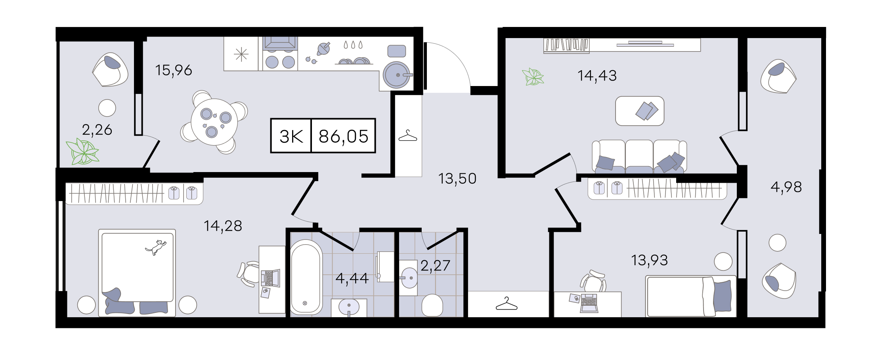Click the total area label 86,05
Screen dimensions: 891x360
(x=343, y=136)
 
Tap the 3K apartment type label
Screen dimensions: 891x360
(x=291, y=136)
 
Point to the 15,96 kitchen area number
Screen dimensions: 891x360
(x=174, y=70)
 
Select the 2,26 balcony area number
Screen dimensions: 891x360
(x=97, y=130)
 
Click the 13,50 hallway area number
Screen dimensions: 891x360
(x=457, y=179)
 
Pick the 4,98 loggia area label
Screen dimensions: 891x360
(x=786, y=187)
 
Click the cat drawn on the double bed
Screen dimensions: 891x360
(x=156, y=247)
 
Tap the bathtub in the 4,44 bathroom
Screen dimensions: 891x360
(x=306, y=277)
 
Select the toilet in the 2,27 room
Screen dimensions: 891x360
(x=432, y=305)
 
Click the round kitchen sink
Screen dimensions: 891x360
(x=397, y=75)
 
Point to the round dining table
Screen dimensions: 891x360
(x=214, y=122)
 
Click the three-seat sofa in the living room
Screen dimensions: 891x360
(x=639, y=157)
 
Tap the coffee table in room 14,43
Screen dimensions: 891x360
(x=639, y=111)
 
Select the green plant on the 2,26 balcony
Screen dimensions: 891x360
(x=83, y=152)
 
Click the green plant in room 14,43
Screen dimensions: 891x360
(x=533, y=77)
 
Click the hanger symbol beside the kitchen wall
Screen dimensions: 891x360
(x=408, y=136)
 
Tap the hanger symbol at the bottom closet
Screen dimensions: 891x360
(x=507, y=304)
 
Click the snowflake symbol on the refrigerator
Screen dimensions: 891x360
(x=241, y=54)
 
